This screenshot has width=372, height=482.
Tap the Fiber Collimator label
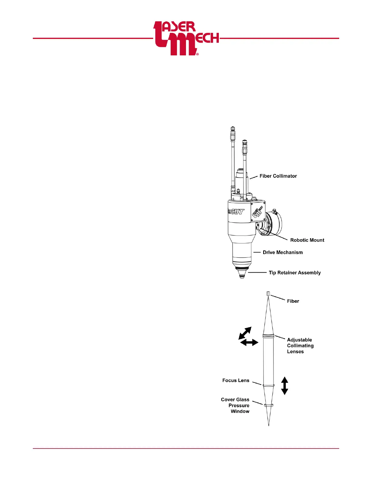[278, 176]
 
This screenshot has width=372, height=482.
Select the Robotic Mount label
[307, 240]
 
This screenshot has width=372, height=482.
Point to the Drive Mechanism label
[283, 252]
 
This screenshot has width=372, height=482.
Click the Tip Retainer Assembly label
[294, 273]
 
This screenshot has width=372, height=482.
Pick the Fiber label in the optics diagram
[293, 301]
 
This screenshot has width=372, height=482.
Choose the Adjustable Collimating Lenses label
[300, 345]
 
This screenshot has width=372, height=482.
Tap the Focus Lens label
[236, 380]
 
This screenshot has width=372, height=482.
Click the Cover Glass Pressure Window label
[236, 405]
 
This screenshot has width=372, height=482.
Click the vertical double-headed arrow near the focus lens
[284, 386]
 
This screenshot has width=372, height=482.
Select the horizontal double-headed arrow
[249, 343]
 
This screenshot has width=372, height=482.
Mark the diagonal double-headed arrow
[245, 333]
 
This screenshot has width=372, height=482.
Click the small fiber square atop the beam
[268, 293]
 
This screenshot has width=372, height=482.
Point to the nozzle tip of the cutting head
[242, 276]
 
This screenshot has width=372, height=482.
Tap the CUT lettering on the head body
[237, 211]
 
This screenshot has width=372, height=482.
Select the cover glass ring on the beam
[269, 405]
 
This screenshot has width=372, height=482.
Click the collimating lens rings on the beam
[269, 336]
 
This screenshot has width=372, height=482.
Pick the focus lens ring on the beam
[269, 385]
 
